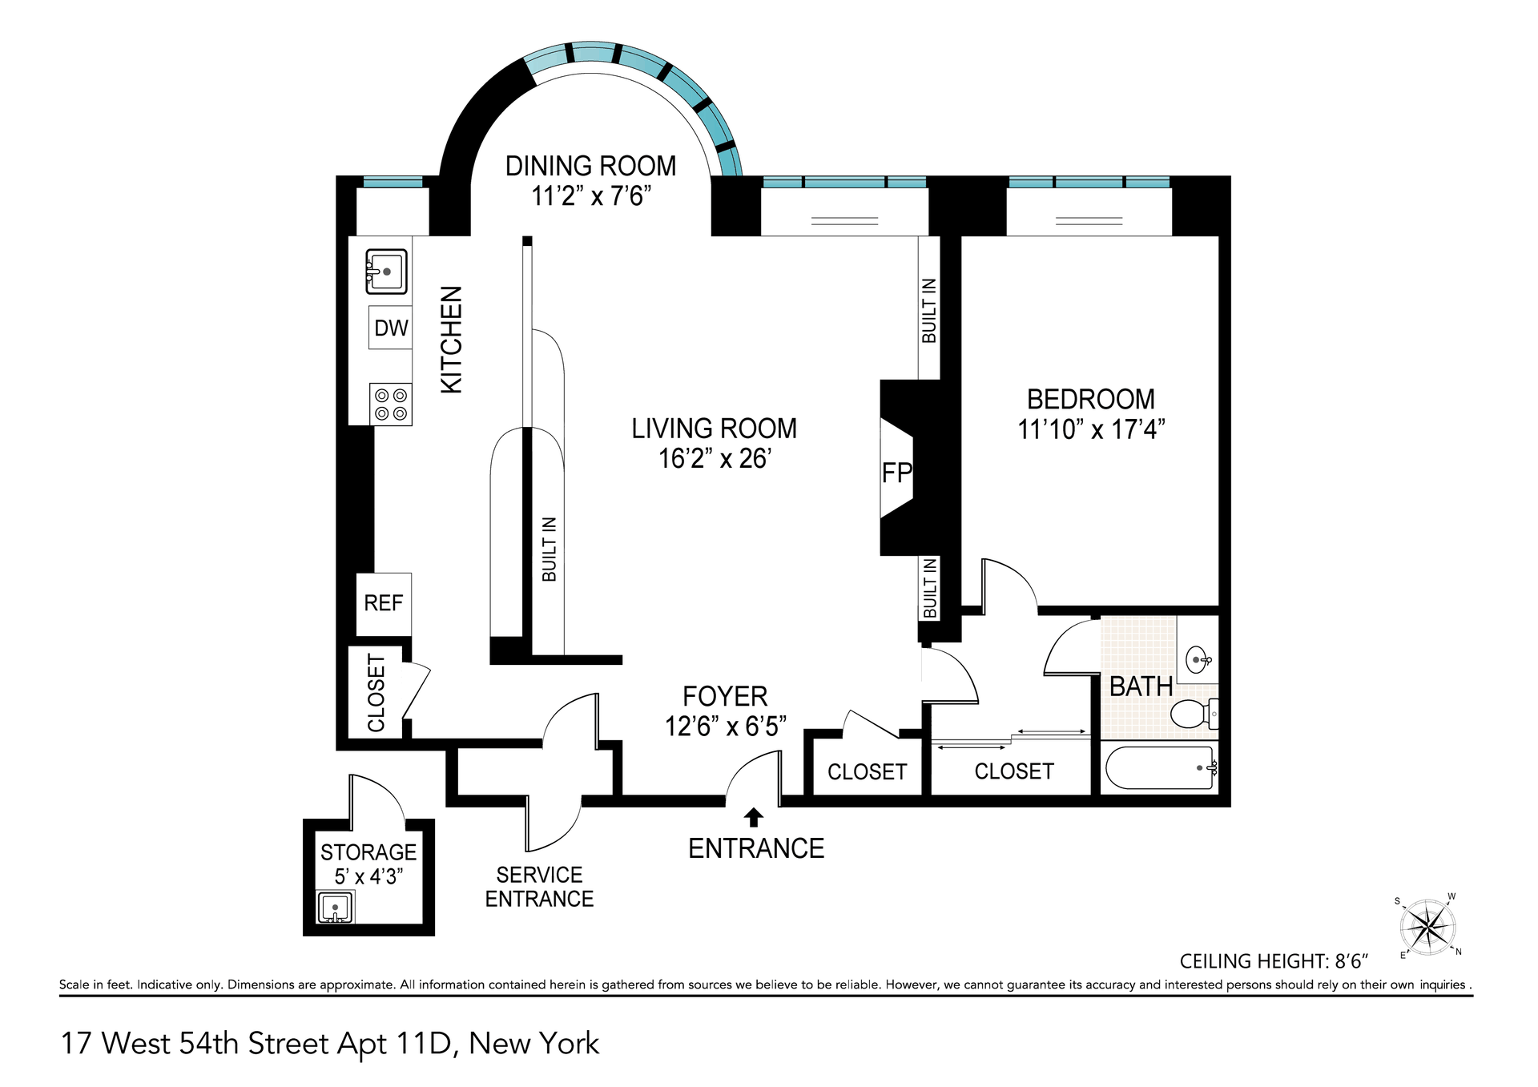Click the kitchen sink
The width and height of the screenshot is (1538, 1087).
click(386, 272)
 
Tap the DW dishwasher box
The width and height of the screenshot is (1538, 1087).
click(390, 328)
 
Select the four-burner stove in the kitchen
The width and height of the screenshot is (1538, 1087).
click(391, 405)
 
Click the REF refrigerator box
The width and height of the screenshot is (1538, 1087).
click(384, 604)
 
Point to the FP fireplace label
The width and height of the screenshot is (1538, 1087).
click(897, 473)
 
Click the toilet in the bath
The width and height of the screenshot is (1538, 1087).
click(1194, 713)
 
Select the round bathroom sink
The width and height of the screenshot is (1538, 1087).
click(1198, 660)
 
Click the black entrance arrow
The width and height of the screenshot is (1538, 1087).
click(754, 817)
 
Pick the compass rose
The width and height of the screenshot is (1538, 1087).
click(1427, 927)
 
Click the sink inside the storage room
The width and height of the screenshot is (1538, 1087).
click(335, 908)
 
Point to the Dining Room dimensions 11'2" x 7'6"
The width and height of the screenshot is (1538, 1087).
click(591, 195)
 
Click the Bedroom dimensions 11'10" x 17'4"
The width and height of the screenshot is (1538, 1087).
click(1091, 429)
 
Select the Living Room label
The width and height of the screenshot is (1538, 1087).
click(714, 429)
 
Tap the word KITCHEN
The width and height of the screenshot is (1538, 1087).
click(452, 340)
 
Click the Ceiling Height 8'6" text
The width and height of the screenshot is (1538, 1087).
click(1274, 960)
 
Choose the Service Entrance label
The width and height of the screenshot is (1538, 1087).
click(539, 887)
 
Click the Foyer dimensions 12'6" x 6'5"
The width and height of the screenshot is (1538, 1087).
click(726, 727)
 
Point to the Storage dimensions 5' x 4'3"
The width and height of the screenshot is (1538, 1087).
click(368, 876)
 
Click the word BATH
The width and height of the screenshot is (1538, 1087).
click(1141, 686)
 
